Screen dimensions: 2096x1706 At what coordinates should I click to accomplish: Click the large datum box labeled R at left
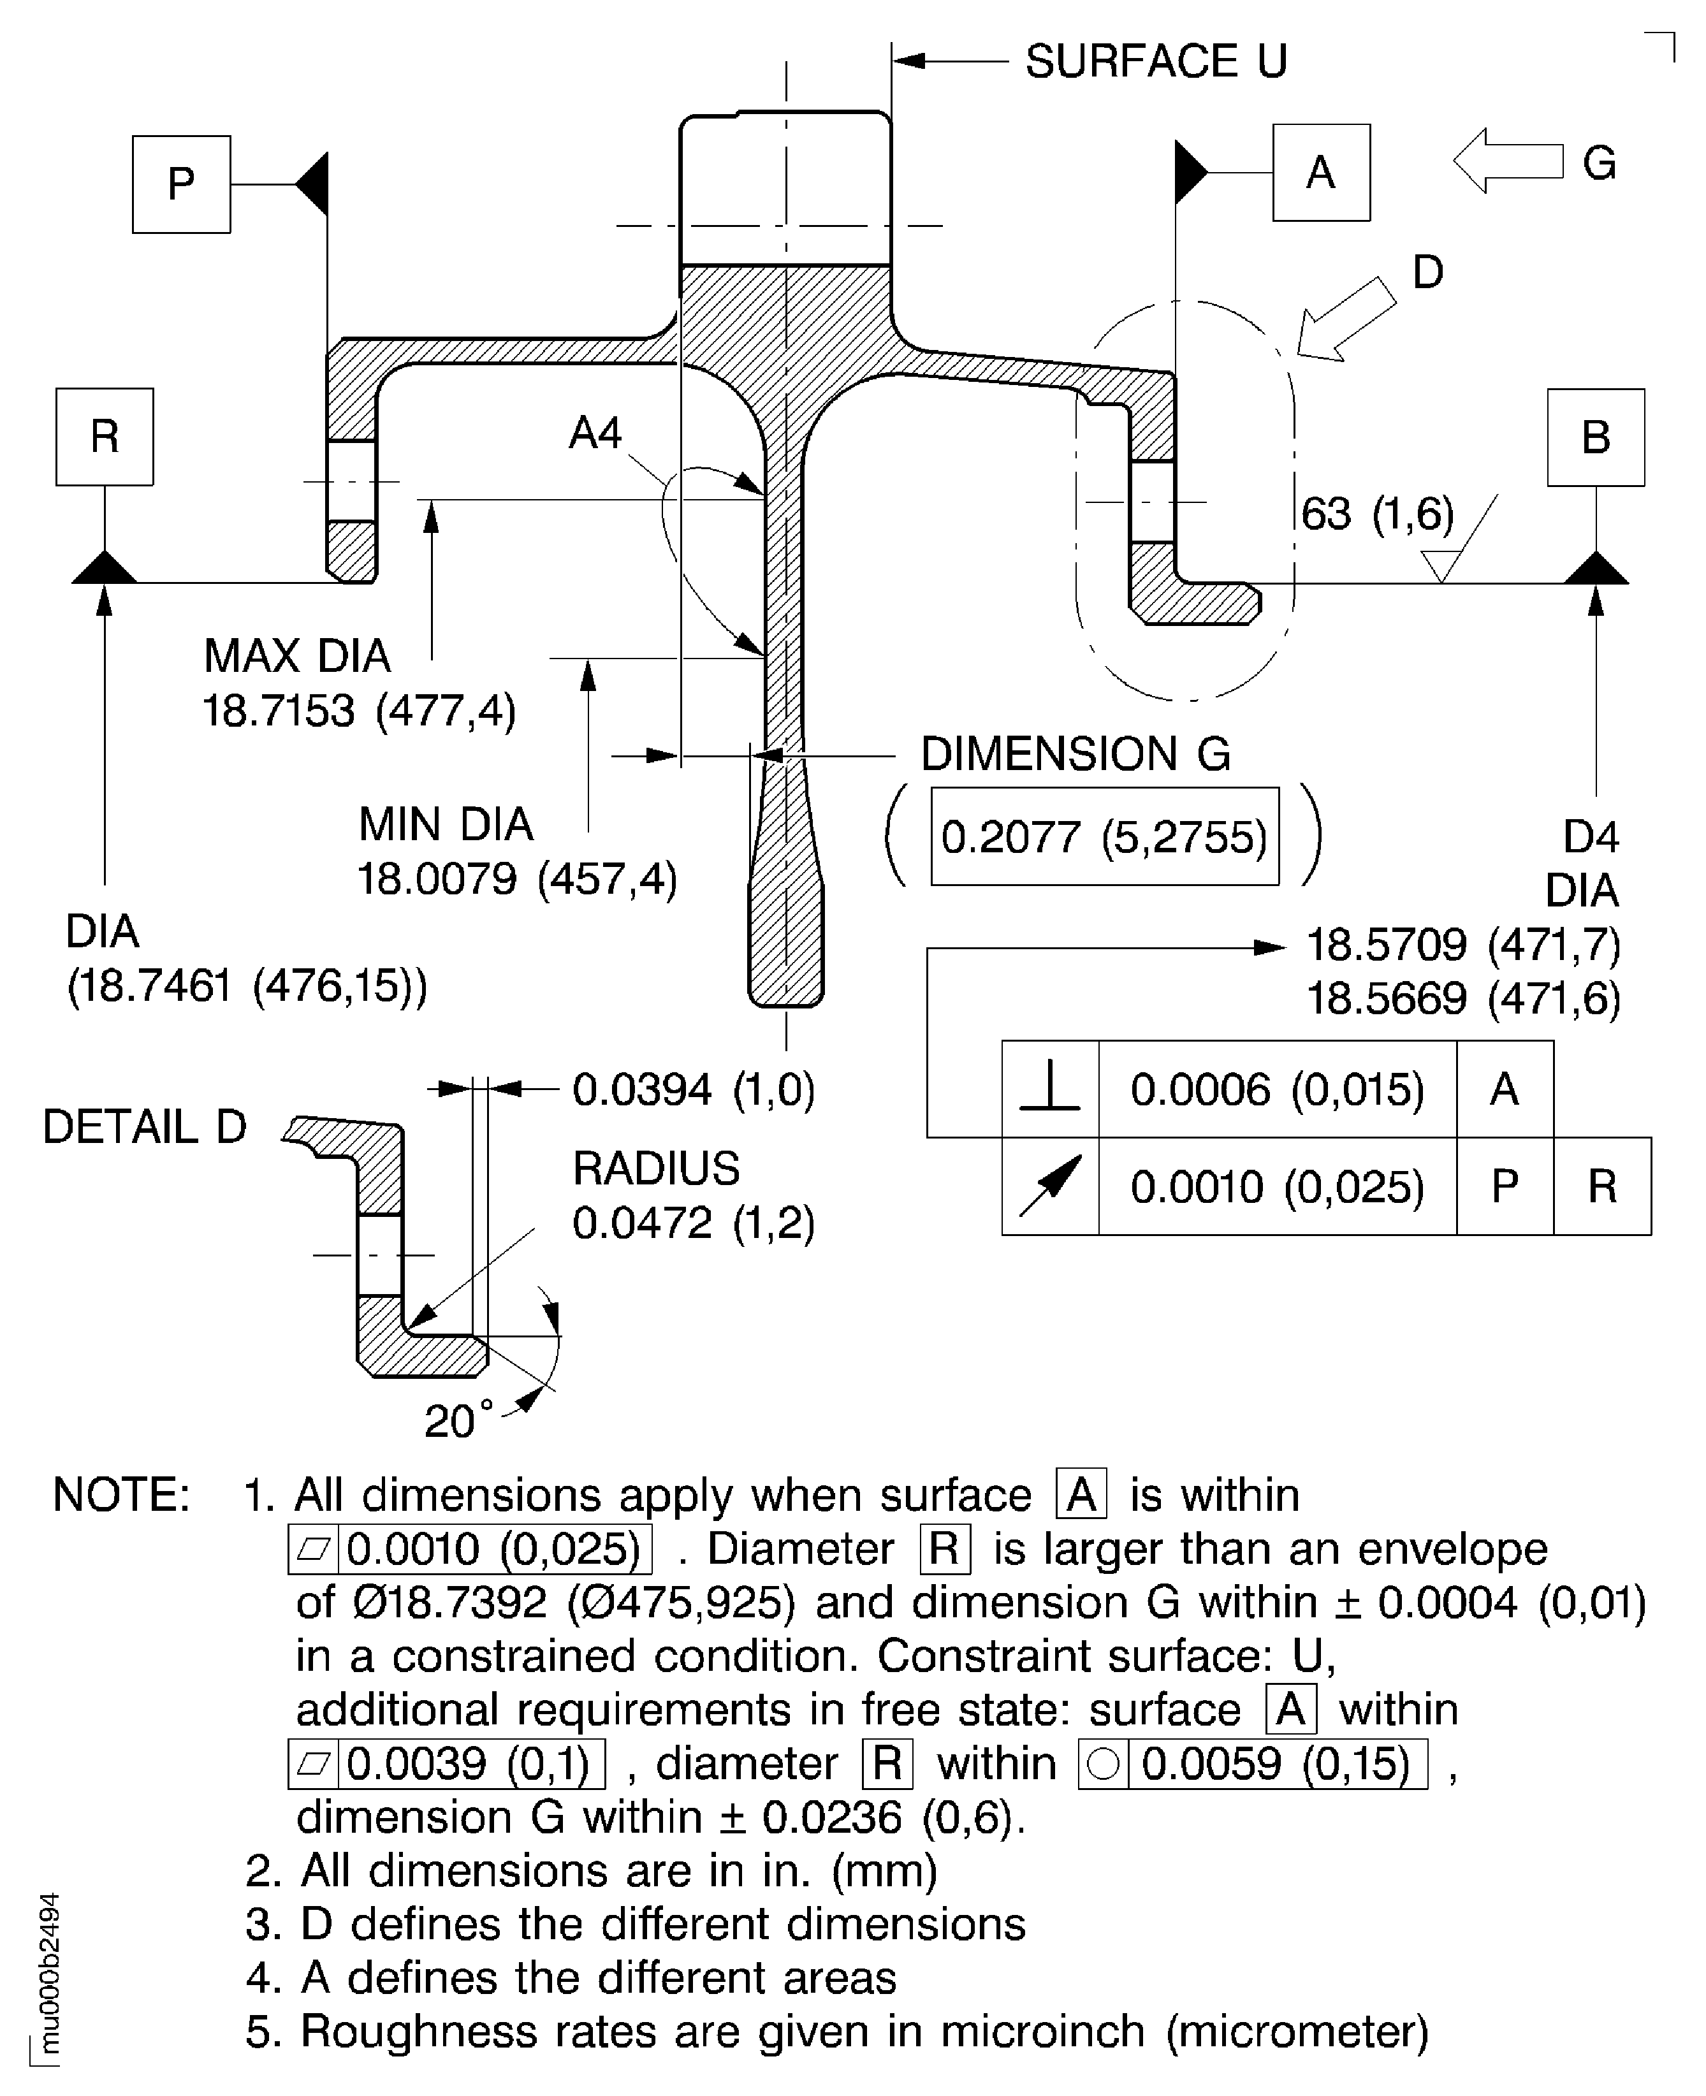pyautogui.click(x=104, y=436)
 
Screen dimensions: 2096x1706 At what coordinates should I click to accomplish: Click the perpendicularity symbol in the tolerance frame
pyautogui.click(x=1049, y=1089)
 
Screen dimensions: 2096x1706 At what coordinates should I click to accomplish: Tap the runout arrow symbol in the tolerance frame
pyautogui.click(x=1049, y=1185)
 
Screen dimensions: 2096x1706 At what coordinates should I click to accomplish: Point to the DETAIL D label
pyautogui.click(x=145, y=1126)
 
